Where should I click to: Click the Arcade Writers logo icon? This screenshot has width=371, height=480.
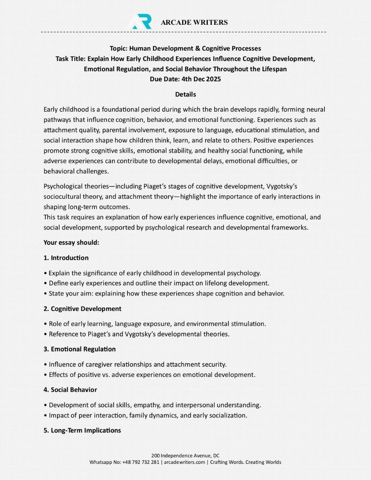tap(141, 21)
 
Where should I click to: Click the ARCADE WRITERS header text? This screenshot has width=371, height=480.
tap(194, 22)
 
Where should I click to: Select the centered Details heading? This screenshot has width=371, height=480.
tap(185, 94)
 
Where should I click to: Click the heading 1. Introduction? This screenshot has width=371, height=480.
tap(66, 258)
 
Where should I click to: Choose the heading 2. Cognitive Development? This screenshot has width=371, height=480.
tap(82, 309)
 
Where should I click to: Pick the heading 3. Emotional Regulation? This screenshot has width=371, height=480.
tap(80, 349)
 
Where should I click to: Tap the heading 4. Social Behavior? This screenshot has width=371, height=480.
tap(70, 390)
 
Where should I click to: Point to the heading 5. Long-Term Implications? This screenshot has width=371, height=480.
tap(82, 430)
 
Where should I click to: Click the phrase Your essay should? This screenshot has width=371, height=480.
tap(71, 243)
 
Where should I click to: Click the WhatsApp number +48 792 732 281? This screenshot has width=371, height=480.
tap(141, 462)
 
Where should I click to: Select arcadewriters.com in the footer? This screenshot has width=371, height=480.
tap(185, 462)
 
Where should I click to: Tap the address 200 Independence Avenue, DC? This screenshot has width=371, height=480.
tap(185, 456)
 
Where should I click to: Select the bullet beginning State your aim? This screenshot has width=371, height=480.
tap(166, 294)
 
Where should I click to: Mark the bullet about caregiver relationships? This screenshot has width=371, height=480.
tap(137, 364)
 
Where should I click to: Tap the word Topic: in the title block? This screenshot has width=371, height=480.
tap(118, 48)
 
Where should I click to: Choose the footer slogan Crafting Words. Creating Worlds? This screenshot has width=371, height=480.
tap(245, 462)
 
